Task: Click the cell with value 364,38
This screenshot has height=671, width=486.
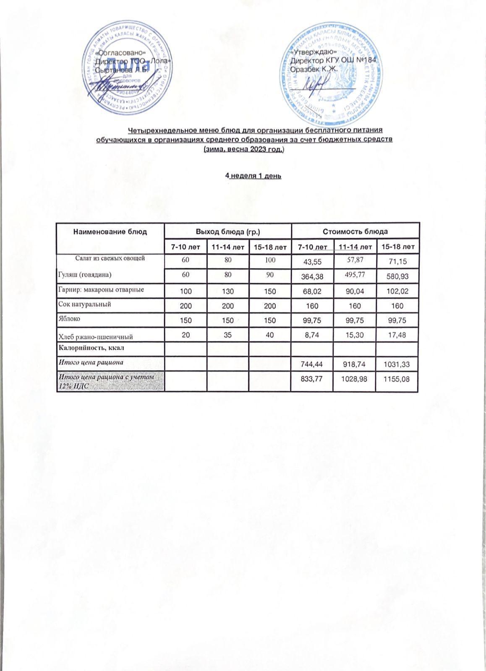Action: [312, 276]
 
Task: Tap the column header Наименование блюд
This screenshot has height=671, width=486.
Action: [110, 231]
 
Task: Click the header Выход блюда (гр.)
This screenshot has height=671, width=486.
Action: [228, 231]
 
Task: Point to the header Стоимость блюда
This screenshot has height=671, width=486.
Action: [355, 231]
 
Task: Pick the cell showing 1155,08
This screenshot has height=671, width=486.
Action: [397, 380]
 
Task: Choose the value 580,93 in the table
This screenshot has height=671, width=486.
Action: [397, 276]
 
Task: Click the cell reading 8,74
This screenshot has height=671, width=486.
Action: [312, 335]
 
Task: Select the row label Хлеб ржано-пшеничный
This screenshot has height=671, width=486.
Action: [95, 336]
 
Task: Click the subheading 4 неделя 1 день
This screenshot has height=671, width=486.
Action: [253, 176]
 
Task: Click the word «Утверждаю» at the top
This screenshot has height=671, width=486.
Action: [311, 52]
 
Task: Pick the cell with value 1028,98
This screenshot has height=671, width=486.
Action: [355, 380]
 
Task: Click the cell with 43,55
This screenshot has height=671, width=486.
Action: [312, 262]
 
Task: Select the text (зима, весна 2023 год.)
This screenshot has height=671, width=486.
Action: [244, 149]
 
